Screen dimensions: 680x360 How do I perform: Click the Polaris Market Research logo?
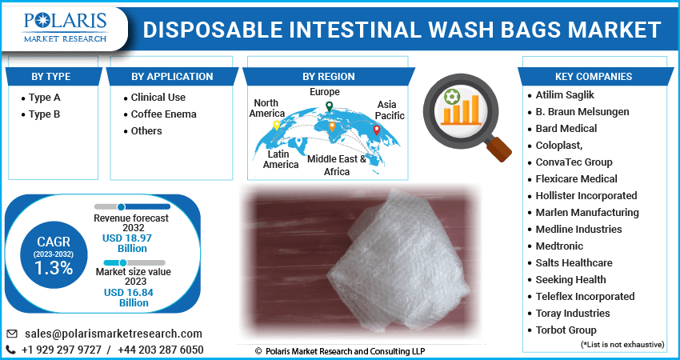[x=65, y=28]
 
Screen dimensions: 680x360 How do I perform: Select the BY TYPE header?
[x=50, y=76]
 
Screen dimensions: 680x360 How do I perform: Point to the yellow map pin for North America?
[x=277, y=126]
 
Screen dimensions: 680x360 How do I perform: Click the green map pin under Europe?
[x=329, y=106]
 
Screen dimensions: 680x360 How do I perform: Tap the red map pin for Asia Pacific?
[x=377, y=130]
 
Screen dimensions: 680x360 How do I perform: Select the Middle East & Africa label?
[x=337, y=166]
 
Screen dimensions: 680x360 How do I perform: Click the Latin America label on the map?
[x=281, y=160]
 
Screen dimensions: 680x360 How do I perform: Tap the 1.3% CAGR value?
[x=54, y=269]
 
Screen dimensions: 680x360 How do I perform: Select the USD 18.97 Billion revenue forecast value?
[x=127, y=243]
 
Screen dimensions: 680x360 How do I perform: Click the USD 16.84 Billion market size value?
[x=129, y=298]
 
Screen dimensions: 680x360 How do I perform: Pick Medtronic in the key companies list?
[x=559, y=246]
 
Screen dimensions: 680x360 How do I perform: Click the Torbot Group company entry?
[x=566, y=330]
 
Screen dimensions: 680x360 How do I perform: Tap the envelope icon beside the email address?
[x=12, y=334]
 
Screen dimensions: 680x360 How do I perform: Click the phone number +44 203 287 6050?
[x=161, y=350]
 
